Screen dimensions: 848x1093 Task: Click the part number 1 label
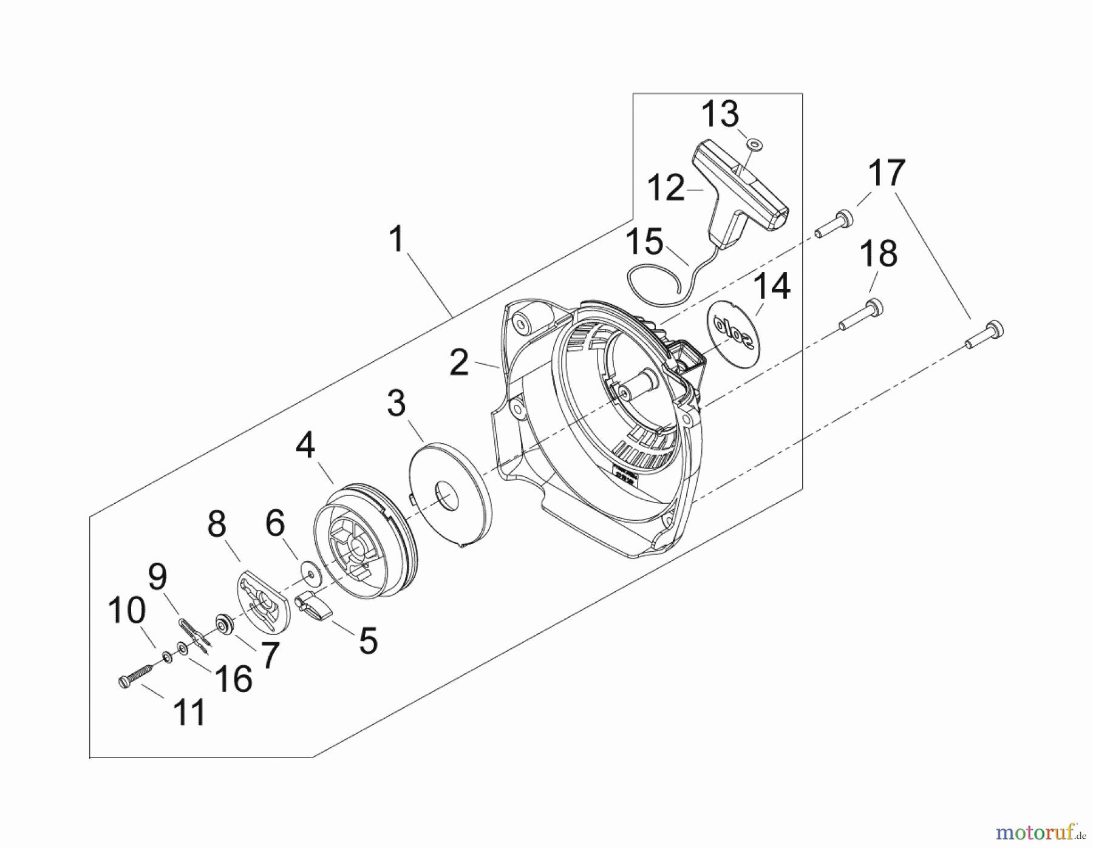point(397,239)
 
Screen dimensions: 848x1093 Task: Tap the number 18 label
point(878,254)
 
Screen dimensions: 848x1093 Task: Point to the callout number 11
point(189,712)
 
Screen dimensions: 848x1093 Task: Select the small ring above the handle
point(755,144)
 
